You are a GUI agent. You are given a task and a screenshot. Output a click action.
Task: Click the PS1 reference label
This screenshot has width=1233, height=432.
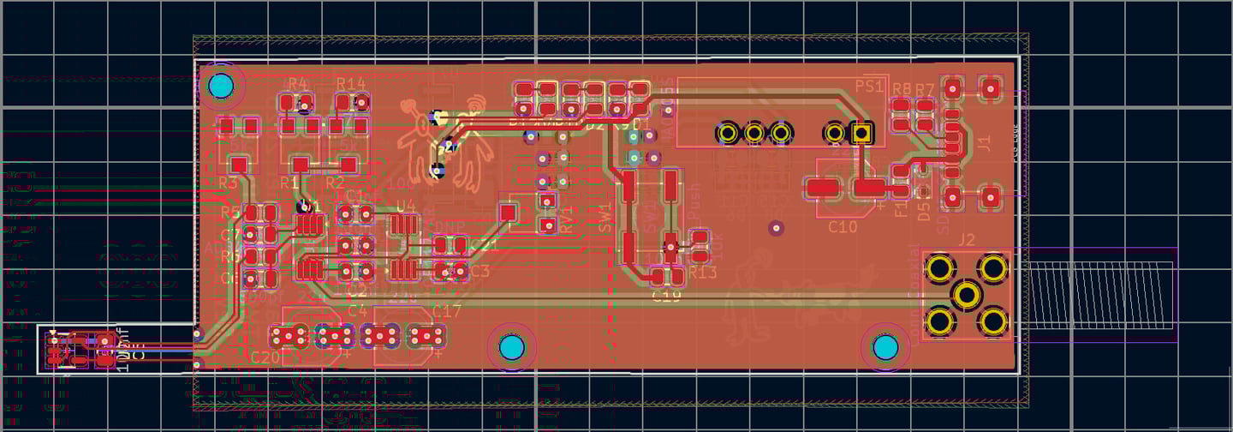(x=869, y=87)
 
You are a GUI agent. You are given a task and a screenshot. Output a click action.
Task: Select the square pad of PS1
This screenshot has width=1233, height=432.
(x=861, y=133)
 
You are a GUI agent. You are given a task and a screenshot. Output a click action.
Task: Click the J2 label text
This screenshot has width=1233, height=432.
(x=968, y=239)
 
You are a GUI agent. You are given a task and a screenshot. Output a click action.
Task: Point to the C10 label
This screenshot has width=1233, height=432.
(x=843, y=227)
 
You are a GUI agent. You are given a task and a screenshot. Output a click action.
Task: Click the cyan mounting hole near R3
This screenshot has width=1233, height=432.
(x=221, y=86)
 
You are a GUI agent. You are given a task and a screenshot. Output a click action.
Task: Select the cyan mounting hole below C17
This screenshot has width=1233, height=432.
(x=511, y=347)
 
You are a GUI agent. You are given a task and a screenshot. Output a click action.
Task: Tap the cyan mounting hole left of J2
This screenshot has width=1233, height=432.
(x=885, y=347)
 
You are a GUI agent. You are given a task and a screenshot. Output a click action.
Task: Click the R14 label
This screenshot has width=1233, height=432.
(x=351, y=83)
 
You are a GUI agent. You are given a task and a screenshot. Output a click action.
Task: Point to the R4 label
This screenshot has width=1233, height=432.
(x=298, y=83)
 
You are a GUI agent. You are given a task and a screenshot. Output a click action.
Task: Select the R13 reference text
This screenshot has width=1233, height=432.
(x=702, y=272)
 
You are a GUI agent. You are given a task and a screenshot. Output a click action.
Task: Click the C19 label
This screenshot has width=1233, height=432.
(x=666, y=296)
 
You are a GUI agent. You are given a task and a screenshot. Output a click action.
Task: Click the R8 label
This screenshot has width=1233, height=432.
(x=902, y=89)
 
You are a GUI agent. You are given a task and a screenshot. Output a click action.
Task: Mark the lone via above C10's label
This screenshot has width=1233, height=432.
(x=776, y=227)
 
